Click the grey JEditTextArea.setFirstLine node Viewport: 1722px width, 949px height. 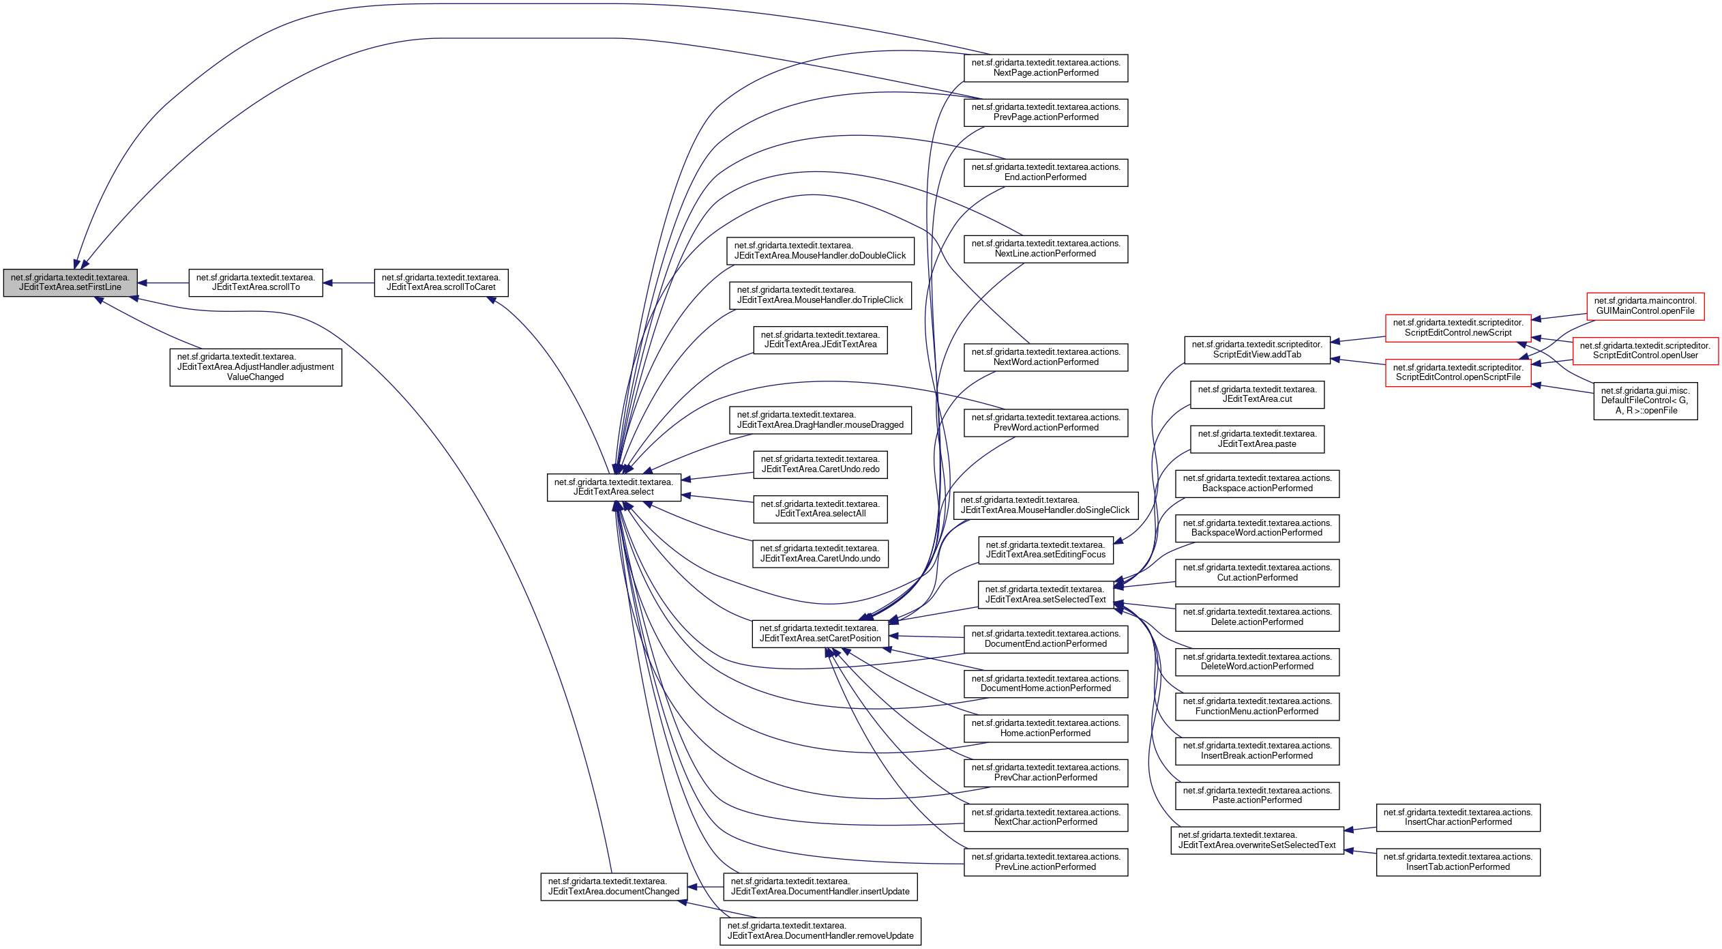point(70,282)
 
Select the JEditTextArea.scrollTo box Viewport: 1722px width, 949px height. point(256,282)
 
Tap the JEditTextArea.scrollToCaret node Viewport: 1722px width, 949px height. point(441,282)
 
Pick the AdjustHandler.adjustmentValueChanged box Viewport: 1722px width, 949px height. point(256,367)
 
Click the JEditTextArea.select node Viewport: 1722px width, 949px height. point(614,487)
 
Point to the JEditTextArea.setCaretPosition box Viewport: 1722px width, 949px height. point(820,633)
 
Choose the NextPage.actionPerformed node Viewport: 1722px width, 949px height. point(1045,68)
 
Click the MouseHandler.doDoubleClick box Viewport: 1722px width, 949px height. point(820,251)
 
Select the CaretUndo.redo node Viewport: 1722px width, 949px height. point(820,465)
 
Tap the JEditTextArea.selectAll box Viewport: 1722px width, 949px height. point(820,509)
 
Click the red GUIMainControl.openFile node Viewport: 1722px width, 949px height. point(1645,306)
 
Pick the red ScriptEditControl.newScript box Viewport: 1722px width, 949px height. point(1458,328)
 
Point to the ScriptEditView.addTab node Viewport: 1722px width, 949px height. point(1257,349)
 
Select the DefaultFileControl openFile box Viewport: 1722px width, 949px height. point(1645,400)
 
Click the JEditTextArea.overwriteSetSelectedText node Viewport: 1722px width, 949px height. point(1257,840)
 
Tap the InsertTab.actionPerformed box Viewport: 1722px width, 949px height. point(1458,862)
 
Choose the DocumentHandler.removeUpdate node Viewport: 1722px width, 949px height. point(820,931)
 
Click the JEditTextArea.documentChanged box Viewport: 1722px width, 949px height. point(614,886)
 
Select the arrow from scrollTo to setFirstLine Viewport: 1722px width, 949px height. point(164,282)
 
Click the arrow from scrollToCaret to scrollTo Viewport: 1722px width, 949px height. point(348,282)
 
